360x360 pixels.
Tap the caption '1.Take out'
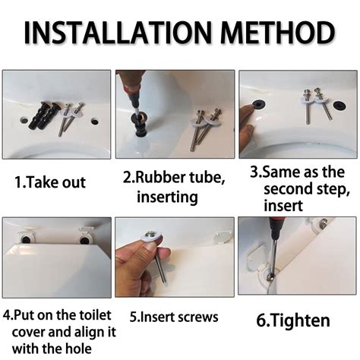[51, 182]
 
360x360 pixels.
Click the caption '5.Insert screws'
[174, 317]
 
